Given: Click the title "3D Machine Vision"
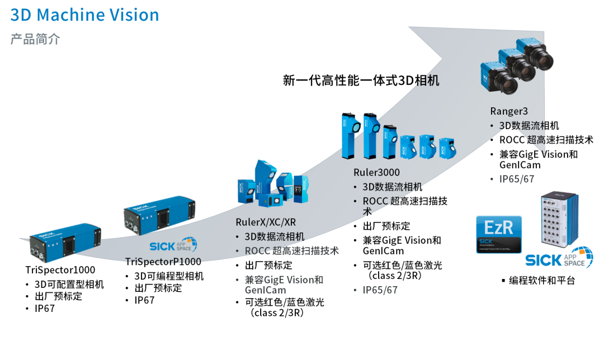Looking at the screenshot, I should point(84,15).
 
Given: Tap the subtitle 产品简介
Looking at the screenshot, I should point(35,40).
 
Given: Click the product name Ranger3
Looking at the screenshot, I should point(508,111).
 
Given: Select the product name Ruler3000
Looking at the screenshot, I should point(376,172).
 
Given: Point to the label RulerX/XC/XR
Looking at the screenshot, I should point(266,222).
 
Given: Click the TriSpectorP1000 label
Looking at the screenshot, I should point(163,261).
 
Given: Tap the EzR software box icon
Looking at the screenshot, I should point(498,234).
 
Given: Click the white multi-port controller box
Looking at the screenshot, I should point(559,220).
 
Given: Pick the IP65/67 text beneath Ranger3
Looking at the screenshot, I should point(517,179).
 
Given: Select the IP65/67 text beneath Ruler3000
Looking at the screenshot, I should point(380,290).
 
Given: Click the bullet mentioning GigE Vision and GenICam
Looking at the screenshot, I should point(284,285).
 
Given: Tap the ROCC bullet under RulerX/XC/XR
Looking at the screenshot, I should point(291,251).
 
